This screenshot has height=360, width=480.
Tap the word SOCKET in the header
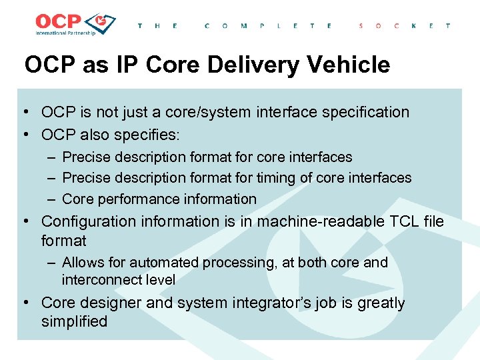pyautogui.click(x=404, y=26)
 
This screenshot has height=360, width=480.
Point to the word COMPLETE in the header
pyautogui.click(x=268, y=26)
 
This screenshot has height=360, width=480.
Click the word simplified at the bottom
pyautogui.click(x=74, y=321)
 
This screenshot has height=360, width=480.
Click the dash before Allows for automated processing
pyautogui.click(x=51, y=263)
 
